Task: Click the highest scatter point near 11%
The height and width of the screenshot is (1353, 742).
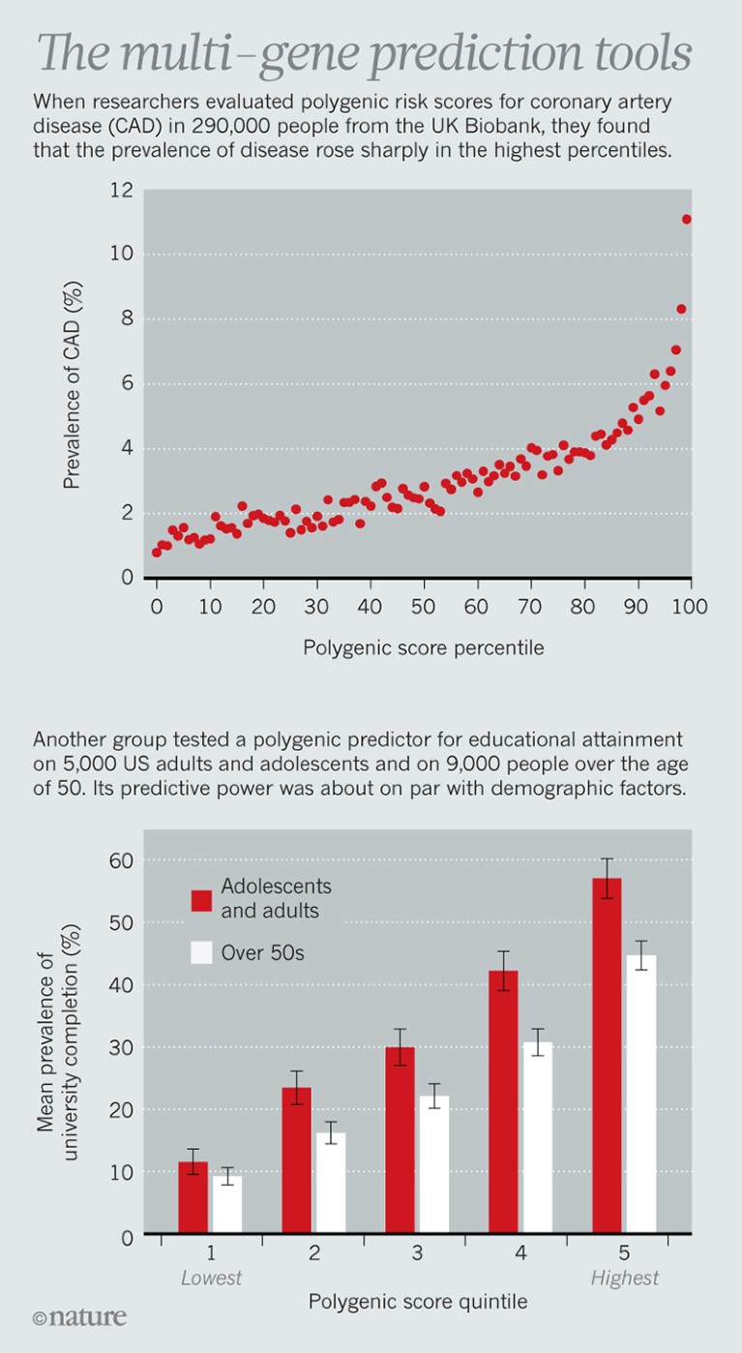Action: [x=687, y=219]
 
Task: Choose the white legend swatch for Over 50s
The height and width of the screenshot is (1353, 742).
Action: [x=200, y=953]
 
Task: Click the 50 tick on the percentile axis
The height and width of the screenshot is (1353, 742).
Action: [x=422, y=607]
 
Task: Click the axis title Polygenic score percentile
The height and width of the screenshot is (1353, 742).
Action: [x=424, y=648]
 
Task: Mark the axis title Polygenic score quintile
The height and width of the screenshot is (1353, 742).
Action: [x=418, y=1302]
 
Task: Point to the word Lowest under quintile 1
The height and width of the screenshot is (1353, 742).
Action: [x=211, y=1278]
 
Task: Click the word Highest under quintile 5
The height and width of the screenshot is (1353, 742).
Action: [x=625, y=1278]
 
